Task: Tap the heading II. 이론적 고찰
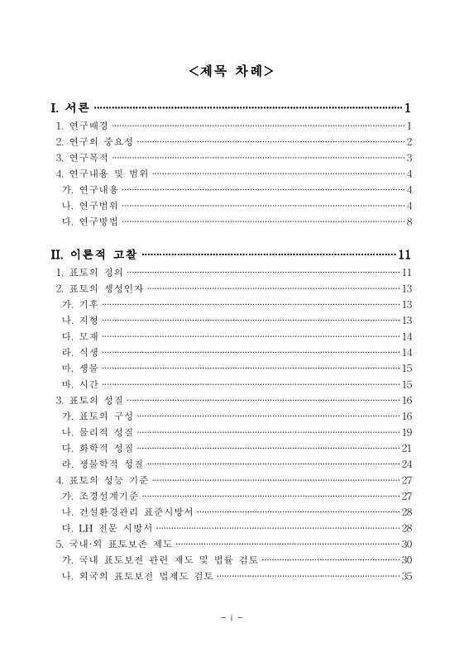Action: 94,254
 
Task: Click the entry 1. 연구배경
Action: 81,126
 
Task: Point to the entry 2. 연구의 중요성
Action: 93,141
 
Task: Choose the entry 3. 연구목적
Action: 81,157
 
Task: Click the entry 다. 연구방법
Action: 89,221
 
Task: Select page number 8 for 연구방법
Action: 409,221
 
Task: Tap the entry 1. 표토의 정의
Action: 89,272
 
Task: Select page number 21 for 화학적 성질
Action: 406,448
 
